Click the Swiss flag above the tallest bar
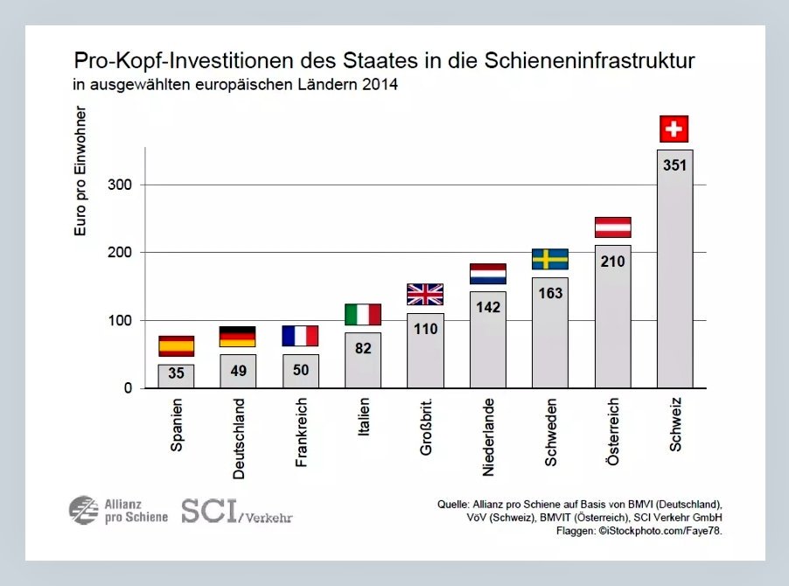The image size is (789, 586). point(674,129)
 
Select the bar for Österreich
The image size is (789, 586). point(612,317)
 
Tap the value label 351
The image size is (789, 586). point(674,164)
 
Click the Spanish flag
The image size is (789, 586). point(176,346)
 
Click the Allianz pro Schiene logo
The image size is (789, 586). point(118,510)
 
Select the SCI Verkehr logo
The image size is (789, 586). point(236,511)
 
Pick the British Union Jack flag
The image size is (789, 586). point(425,294)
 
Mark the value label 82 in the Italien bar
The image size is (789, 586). point(363,348)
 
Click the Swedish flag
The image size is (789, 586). point(550,259)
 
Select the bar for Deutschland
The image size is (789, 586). point(238,371)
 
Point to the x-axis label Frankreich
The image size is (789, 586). point(301,432)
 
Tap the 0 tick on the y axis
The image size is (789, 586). point(128,388)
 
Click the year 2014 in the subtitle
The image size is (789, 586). point(381,86)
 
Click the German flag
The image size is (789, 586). point(238,337)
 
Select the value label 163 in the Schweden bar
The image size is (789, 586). point(550,293)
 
